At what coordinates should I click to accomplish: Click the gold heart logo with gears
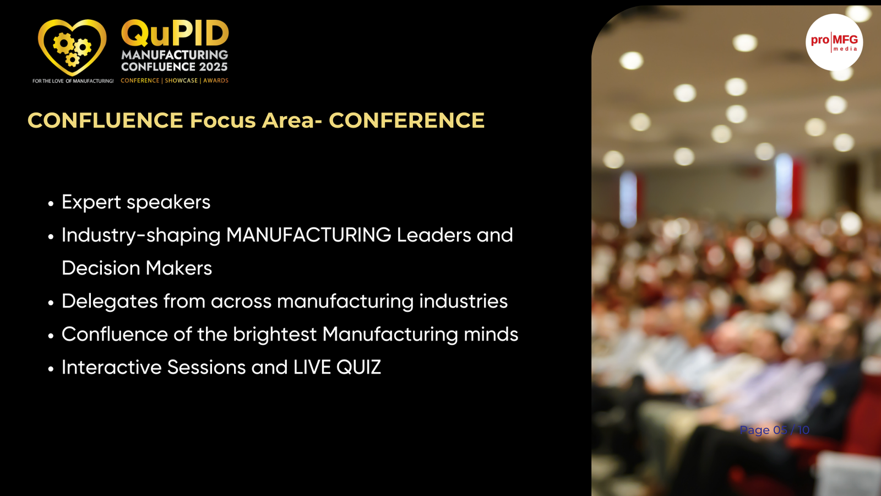72,47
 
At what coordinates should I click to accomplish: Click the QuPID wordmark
175,34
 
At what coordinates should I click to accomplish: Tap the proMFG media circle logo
834,42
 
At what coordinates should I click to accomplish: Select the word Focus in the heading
222,120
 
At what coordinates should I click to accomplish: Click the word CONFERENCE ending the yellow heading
407,120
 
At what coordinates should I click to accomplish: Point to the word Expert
91,202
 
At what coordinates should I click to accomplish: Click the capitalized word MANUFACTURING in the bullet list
309,235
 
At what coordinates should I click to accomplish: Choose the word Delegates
110,301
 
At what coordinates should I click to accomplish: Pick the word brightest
275,334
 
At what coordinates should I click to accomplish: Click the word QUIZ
358,367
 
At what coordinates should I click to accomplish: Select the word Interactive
112,367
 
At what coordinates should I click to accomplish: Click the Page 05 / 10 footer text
774,430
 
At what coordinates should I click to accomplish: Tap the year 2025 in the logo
213,67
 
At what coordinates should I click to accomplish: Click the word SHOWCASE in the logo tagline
181,80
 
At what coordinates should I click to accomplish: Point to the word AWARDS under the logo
216,80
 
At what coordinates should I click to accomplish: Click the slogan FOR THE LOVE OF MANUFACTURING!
73,81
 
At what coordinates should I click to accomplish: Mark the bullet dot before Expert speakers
50,204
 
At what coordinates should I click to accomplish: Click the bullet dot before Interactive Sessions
50,369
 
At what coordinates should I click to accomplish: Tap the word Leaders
434,235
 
